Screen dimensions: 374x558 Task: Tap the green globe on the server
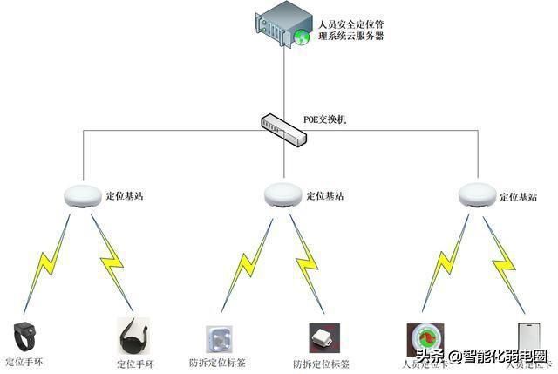(302, 37)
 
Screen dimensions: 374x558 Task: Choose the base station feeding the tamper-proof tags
(283, 197)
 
